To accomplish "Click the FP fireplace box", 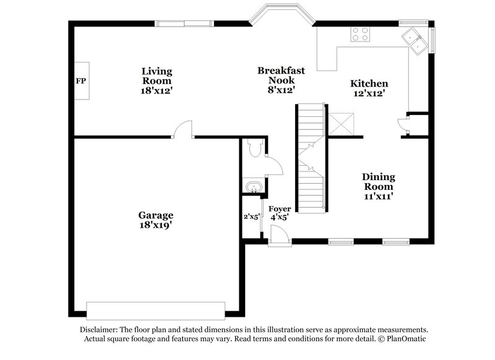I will click(x=81, y=81).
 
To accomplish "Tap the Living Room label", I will click(x=157, y=80).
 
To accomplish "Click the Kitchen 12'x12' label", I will click(x=369, y=88).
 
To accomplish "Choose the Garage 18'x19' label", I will click(x=155, y=220).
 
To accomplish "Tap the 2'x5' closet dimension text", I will click(x=251, y=216).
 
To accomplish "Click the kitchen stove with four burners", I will click(x=360, y=34).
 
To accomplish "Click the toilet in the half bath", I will click(x=253, y=148).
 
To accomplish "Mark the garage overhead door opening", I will click(x=155, y=309).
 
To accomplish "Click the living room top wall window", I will click(x=184, y=24).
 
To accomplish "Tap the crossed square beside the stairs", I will click(x=340, y=124).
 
